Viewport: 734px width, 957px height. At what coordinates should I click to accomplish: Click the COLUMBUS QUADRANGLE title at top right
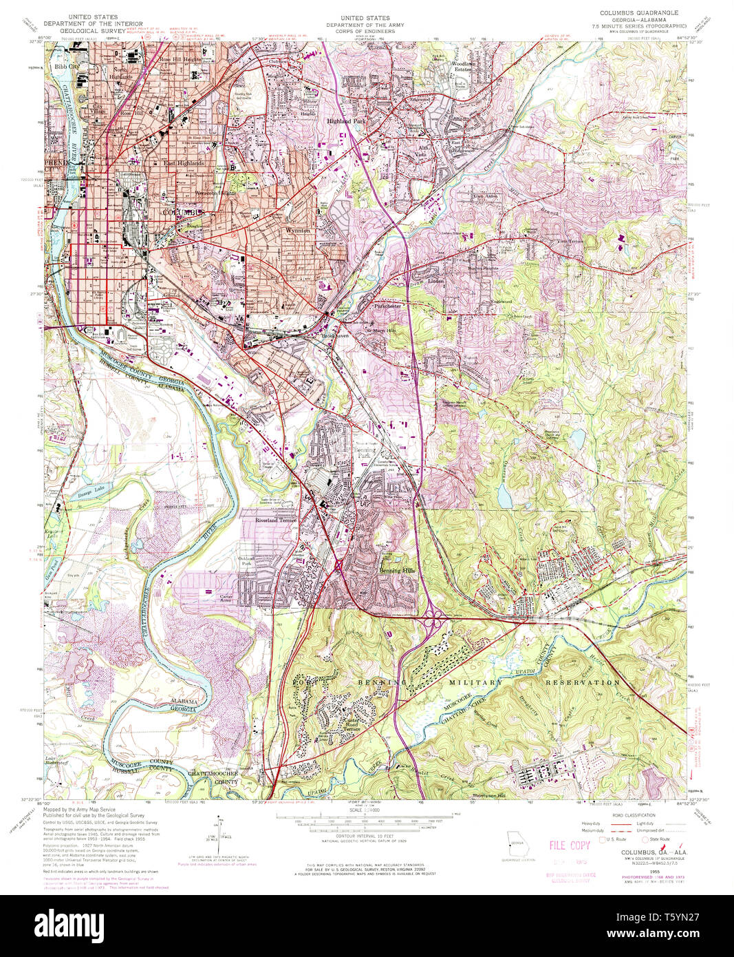[x=638, y=12]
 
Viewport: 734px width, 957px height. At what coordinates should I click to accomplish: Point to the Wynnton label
[x=299, y=231]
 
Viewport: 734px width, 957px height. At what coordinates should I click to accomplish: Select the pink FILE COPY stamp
[x=570, y=845]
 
